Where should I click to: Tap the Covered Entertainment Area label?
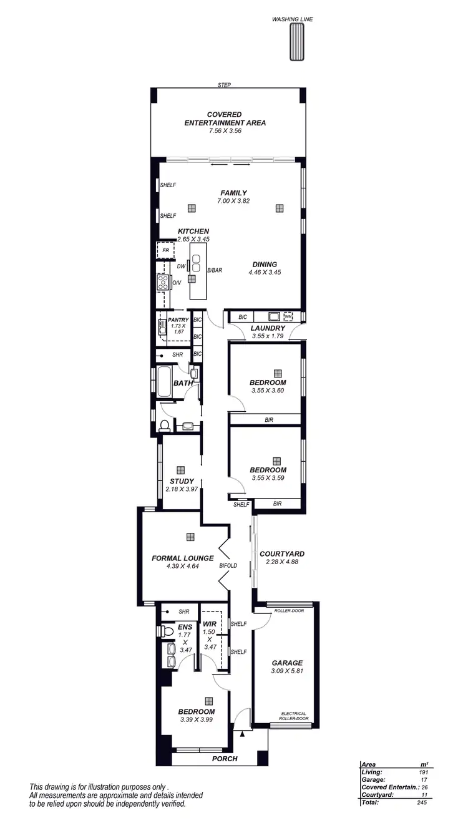pos(225,119)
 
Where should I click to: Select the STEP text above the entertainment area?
pos(224,85)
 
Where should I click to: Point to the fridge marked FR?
pos(166,251)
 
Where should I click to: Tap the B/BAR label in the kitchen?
pos(215,271)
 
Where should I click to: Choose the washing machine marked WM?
pos(288,316)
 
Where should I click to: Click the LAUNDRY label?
pos(268,328)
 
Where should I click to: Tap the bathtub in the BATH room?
pos(164,382)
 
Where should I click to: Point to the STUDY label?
pos(182,481)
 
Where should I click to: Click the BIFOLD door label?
pos(228,565)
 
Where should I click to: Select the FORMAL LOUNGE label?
pos(183,558)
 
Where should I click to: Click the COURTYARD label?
pos(281,553)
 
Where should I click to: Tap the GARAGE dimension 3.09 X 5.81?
pos(287,671)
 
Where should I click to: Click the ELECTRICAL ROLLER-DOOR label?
pos(295,716)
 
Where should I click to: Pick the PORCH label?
pos(225,759)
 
